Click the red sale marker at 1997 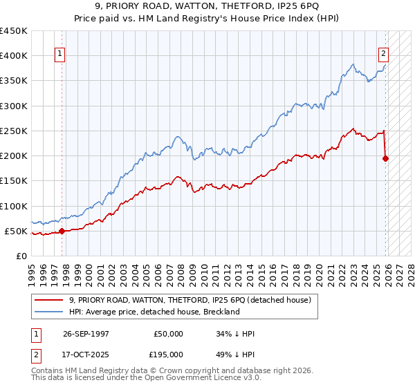(62, 231)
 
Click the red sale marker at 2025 (386, 158)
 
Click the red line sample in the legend (50, 300)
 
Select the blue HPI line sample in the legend (50, 312)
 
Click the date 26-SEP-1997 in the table (86, 334)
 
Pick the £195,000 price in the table (169, 355)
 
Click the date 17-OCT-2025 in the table (86, 355)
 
